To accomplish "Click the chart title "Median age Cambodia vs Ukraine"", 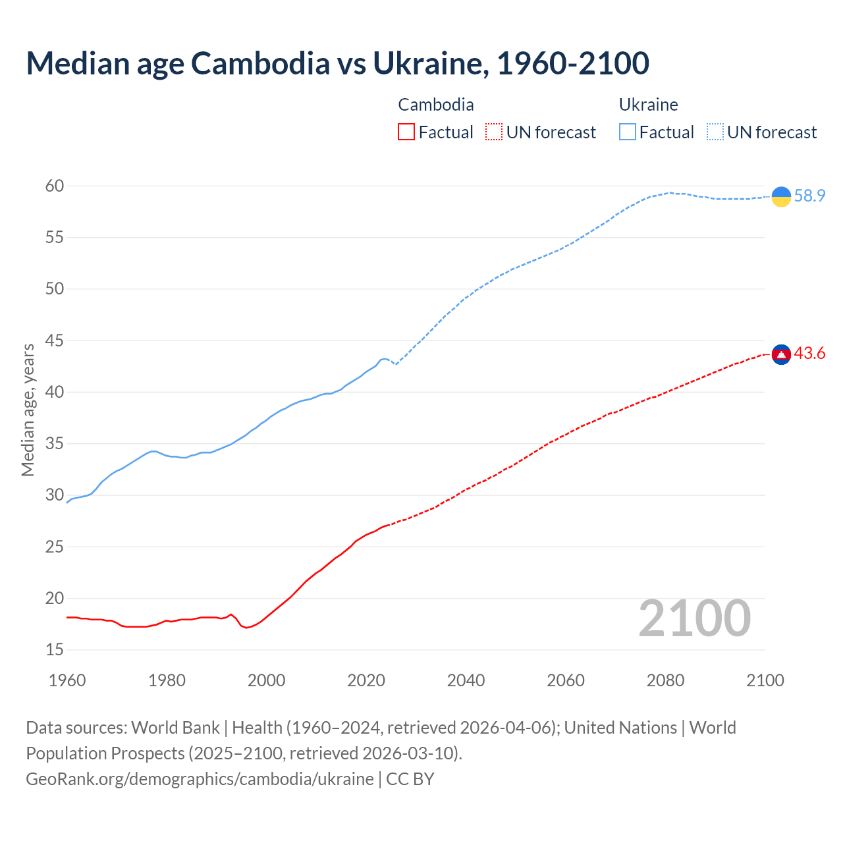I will pyautogui.click(x=337, y=63).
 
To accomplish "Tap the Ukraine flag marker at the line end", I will pyautogui.click(x=781, y=196).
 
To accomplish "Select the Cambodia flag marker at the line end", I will pyautogui.click(x=781, y=354).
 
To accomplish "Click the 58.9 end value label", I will pyautogui.click(x=809, y=196).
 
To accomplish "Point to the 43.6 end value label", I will pyautogui.click(x=809, y=354).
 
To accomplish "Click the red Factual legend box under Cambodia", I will pyautogui.click(x=406, y=132).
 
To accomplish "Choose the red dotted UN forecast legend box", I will pyautogui.click(x=494, y=132).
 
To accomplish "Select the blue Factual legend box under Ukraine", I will pyautogui.click(x=628, y=132).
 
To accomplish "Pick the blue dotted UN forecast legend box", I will pyautogui.click(x=715, y=132).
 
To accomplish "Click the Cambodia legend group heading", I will pyautogui.click(x=436, y=105).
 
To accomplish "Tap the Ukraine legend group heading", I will pyautogui.click(x=648, y=105).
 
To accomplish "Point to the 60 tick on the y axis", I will pyautogui.click(x=55, y=186).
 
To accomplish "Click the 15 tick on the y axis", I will pyautogui.click(x=55, y=650).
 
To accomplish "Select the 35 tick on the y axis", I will pyautogui.click(x=55, y=444).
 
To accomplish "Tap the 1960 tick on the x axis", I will pyautogui.click(x=67, y=680).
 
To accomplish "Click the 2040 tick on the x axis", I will pyautogui.click(x=466, y=680).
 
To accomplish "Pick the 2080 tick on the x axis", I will pyautogui.click(x=665, y=680).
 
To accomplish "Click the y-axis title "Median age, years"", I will pyautogui.click(x=28, y=410).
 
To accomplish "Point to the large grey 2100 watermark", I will pyautogui.click(x=694, y=618).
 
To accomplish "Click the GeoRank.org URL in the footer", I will pyautogui.click(x=200, y=779).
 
